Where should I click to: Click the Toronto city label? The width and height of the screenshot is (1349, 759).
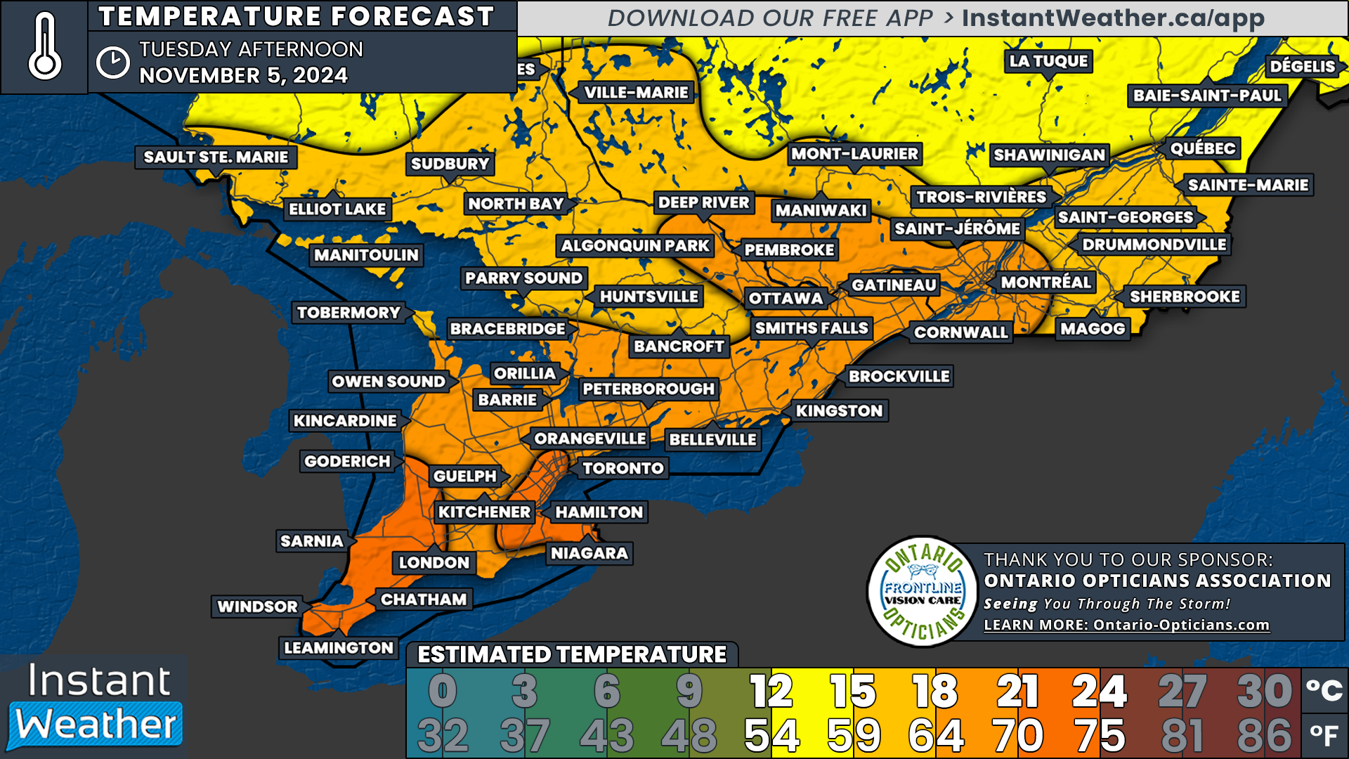point(623,468)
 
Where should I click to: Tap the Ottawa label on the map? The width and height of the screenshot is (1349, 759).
point(786,299)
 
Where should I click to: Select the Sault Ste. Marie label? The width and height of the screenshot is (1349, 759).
point(216,157)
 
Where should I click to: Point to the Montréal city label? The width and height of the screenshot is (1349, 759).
point(1045,283)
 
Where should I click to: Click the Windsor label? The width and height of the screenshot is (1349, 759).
point(257,606)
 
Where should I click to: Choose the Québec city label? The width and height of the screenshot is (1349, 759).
point(1202,148)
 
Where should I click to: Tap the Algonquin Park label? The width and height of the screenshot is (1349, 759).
point(635,246)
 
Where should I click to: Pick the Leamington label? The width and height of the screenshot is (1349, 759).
point(339,648)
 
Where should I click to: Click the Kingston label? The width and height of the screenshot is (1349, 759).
point(839,411)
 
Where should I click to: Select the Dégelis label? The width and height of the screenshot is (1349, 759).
point(1302,67)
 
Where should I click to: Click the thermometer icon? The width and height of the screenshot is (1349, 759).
point(45,46)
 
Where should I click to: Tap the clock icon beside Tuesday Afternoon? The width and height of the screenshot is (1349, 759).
point(112,63)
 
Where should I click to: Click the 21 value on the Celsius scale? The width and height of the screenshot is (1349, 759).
point(1017,692)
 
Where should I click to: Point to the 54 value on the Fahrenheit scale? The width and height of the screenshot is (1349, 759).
point(771,736)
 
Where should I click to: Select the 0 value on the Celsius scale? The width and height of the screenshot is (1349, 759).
point(443,692)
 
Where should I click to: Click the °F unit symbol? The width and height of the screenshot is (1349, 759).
point(1324,735)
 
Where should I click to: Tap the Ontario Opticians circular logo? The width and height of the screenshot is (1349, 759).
point(923,592)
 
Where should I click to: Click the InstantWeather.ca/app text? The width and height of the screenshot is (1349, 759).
point(1112,18)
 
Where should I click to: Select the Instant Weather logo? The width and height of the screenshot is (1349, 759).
point(95,706)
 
